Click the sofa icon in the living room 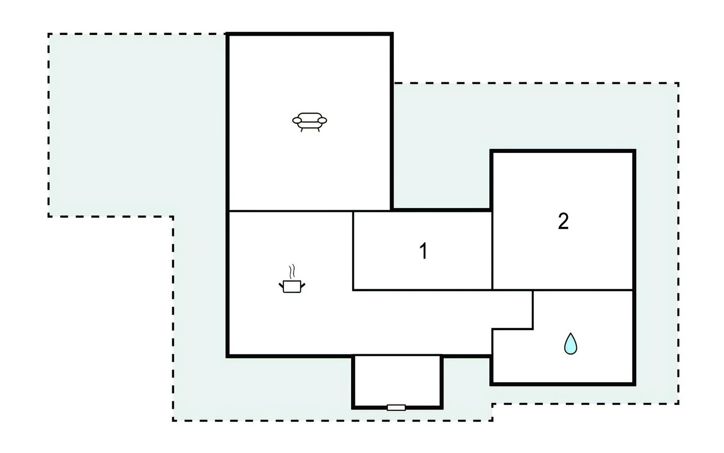point(310,122)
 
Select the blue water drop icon point(571,344)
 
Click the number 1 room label point(423,251)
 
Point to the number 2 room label point(563,221)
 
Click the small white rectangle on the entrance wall point(396,407)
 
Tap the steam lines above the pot point(291,271)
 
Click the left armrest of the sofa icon point(298,120)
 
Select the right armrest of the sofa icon point(322,120)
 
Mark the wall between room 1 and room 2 point(492,250)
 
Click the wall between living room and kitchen point(310,211)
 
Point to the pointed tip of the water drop point(571,333)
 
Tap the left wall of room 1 point(353,250)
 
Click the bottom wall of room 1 point(422,290)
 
